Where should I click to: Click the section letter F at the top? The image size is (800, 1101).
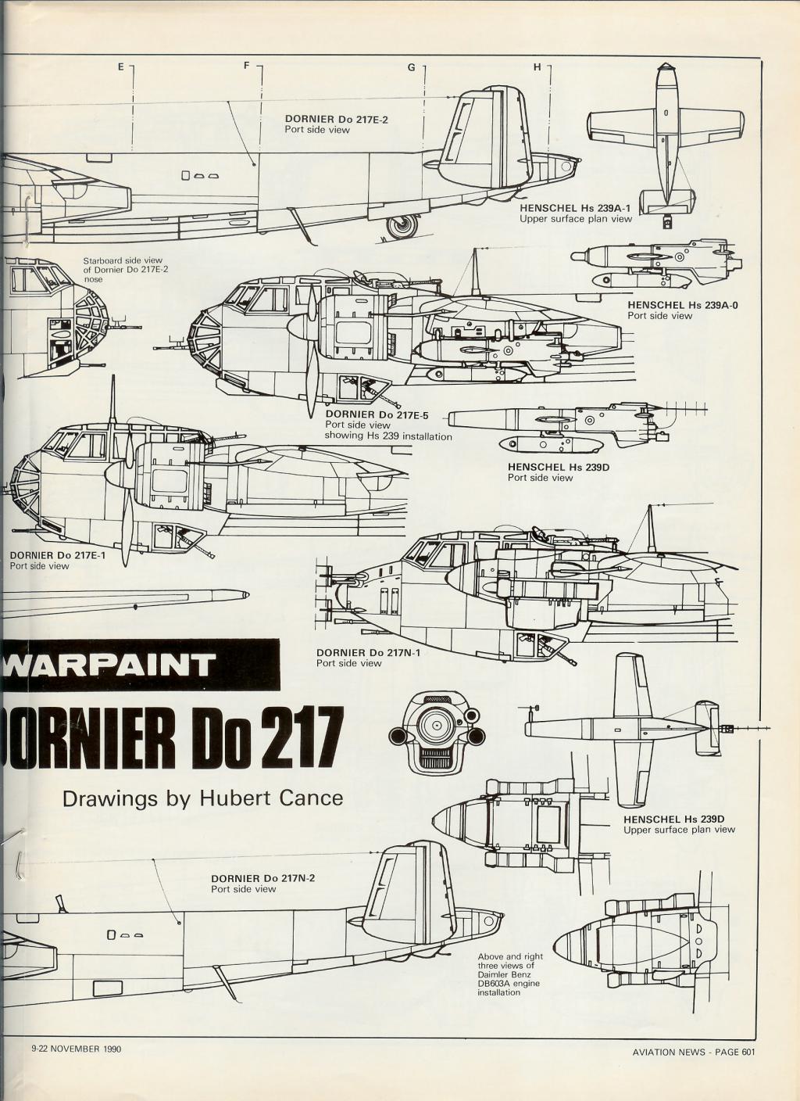point(247,66)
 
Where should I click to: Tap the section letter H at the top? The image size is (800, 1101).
point(537,67)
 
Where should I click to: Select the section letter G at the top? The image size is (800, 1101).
point(411,67)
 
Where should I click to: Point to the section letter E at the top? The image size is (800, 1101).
point(121,67)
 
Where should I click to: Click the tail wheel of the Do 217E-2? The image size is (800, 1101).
point(404,226)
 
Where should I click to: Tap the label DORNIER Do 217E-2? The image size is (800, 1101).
point(336,120)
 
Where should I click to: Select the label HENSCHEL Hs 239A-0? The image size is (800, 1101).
point(683,305)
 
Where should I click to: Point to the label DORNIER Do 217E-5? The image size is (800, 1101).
point(377,414)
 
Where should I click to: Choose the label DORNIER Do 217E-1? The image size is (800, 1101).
point(58,555)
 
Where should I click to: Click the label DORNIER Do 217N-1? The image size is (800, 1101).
point(368,652)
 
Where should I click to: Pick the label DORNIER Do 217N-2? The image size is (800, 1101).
point(262,878)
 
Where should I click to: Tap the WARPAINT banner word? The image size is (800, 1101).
point(109,665)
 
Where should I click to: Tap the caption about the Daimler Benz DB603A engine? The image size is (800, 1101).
point(509,974)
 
